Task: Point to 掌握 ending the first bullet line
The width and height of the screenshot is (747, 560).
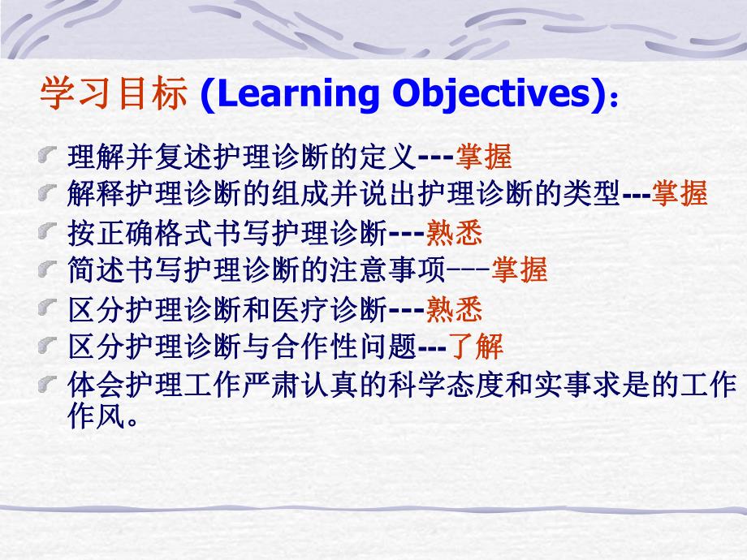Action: (484, 155)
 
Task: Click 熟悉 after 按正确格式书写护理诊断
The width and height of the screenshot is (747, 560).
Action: (455, 233)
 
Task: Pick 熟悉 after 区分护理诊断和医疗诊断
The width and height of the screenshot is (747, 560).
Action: (455, 308)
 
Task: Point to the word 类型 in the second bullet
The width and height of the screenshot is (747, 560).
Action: (593, 194)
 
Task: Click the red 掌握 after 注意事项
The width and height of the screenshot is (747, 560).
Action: (521, 270)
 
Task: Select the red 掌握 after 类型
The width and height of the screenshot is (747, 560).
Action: (680, 194)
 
